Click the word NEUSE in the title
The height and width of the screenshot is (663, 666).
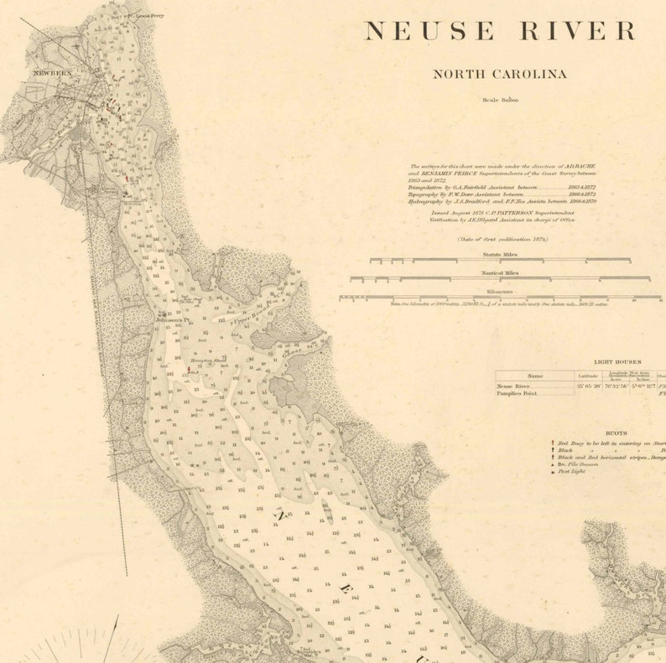429,31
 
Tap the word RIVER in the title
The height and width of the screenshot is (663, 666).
580,31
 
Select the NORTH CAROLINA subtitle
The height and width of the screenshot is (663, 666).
499,74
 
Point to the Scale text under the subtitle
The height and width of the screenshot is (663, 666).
500,100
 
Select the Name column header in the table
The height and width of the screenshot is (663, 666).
534,376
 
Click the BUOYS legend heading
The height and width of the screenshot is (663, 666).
618,433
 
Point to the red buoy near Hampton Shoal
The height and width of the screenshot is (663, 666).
189,368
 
